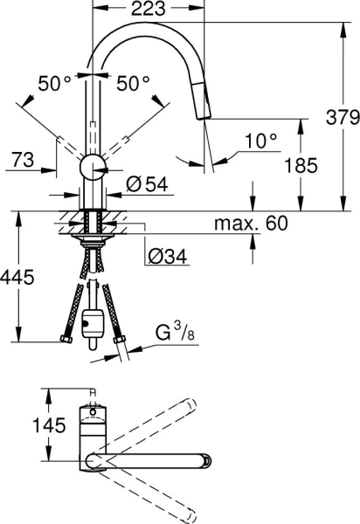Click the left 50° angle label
tap(54, 84)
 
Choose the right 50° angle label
tap(133, 84)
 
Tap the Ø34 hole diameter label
tap(166, 257)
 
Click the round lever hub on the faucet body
tap(92, 169)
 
